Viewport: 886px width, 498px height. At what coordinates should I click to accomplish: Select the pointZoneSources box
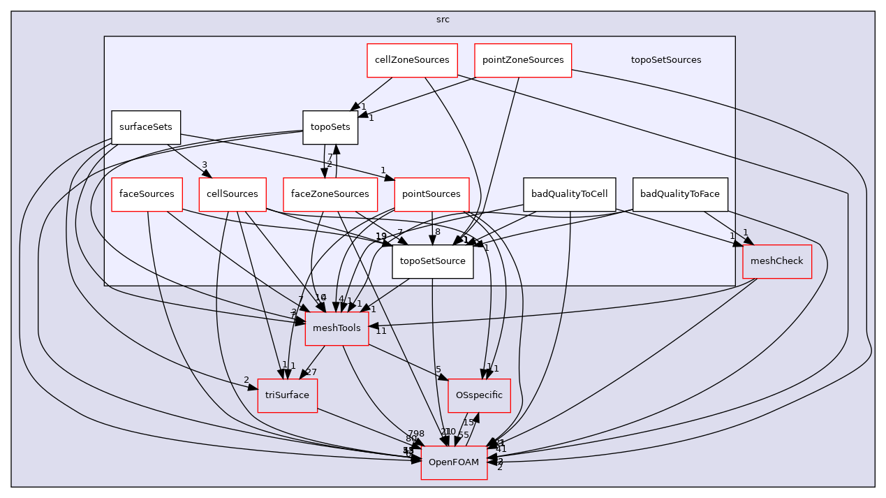coord(523,60)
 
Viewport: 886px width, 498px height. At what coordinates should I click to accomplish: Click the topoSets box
coord(330,128)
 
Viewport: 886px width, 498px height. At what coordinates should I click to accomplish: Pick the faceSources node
coord(147,194)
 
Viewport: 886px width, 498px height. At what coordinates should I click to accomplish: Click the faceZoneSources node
coord(330,194)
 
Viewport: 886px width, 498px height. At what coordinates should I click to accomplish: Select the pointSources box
coord(432,194)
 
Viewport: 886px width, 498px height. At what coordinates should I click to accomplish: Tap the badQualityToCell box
coord(569,194)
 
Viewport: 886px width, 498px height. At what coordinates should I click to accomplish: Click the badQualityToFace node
coord(680,194)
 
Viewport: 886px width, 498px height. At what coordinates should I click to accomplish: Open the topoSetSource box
coord(432,261)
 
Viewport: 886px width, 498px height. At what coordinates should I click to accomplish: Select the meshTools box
coord(337,328)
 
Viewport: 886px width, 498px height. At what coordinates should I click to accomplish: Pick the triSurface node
coord(287,395)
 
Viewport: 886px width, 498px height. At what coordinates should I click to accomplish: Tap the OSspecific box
coord(479,395)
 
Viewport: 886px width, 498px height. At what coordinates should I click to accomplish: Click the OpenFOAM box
coord(454,462)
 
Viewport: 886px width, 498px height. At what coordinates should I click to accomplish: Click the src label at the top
coord(443,20)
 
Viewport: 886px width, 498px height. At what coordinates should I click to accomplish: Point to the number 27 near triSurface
coord(311,372)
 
